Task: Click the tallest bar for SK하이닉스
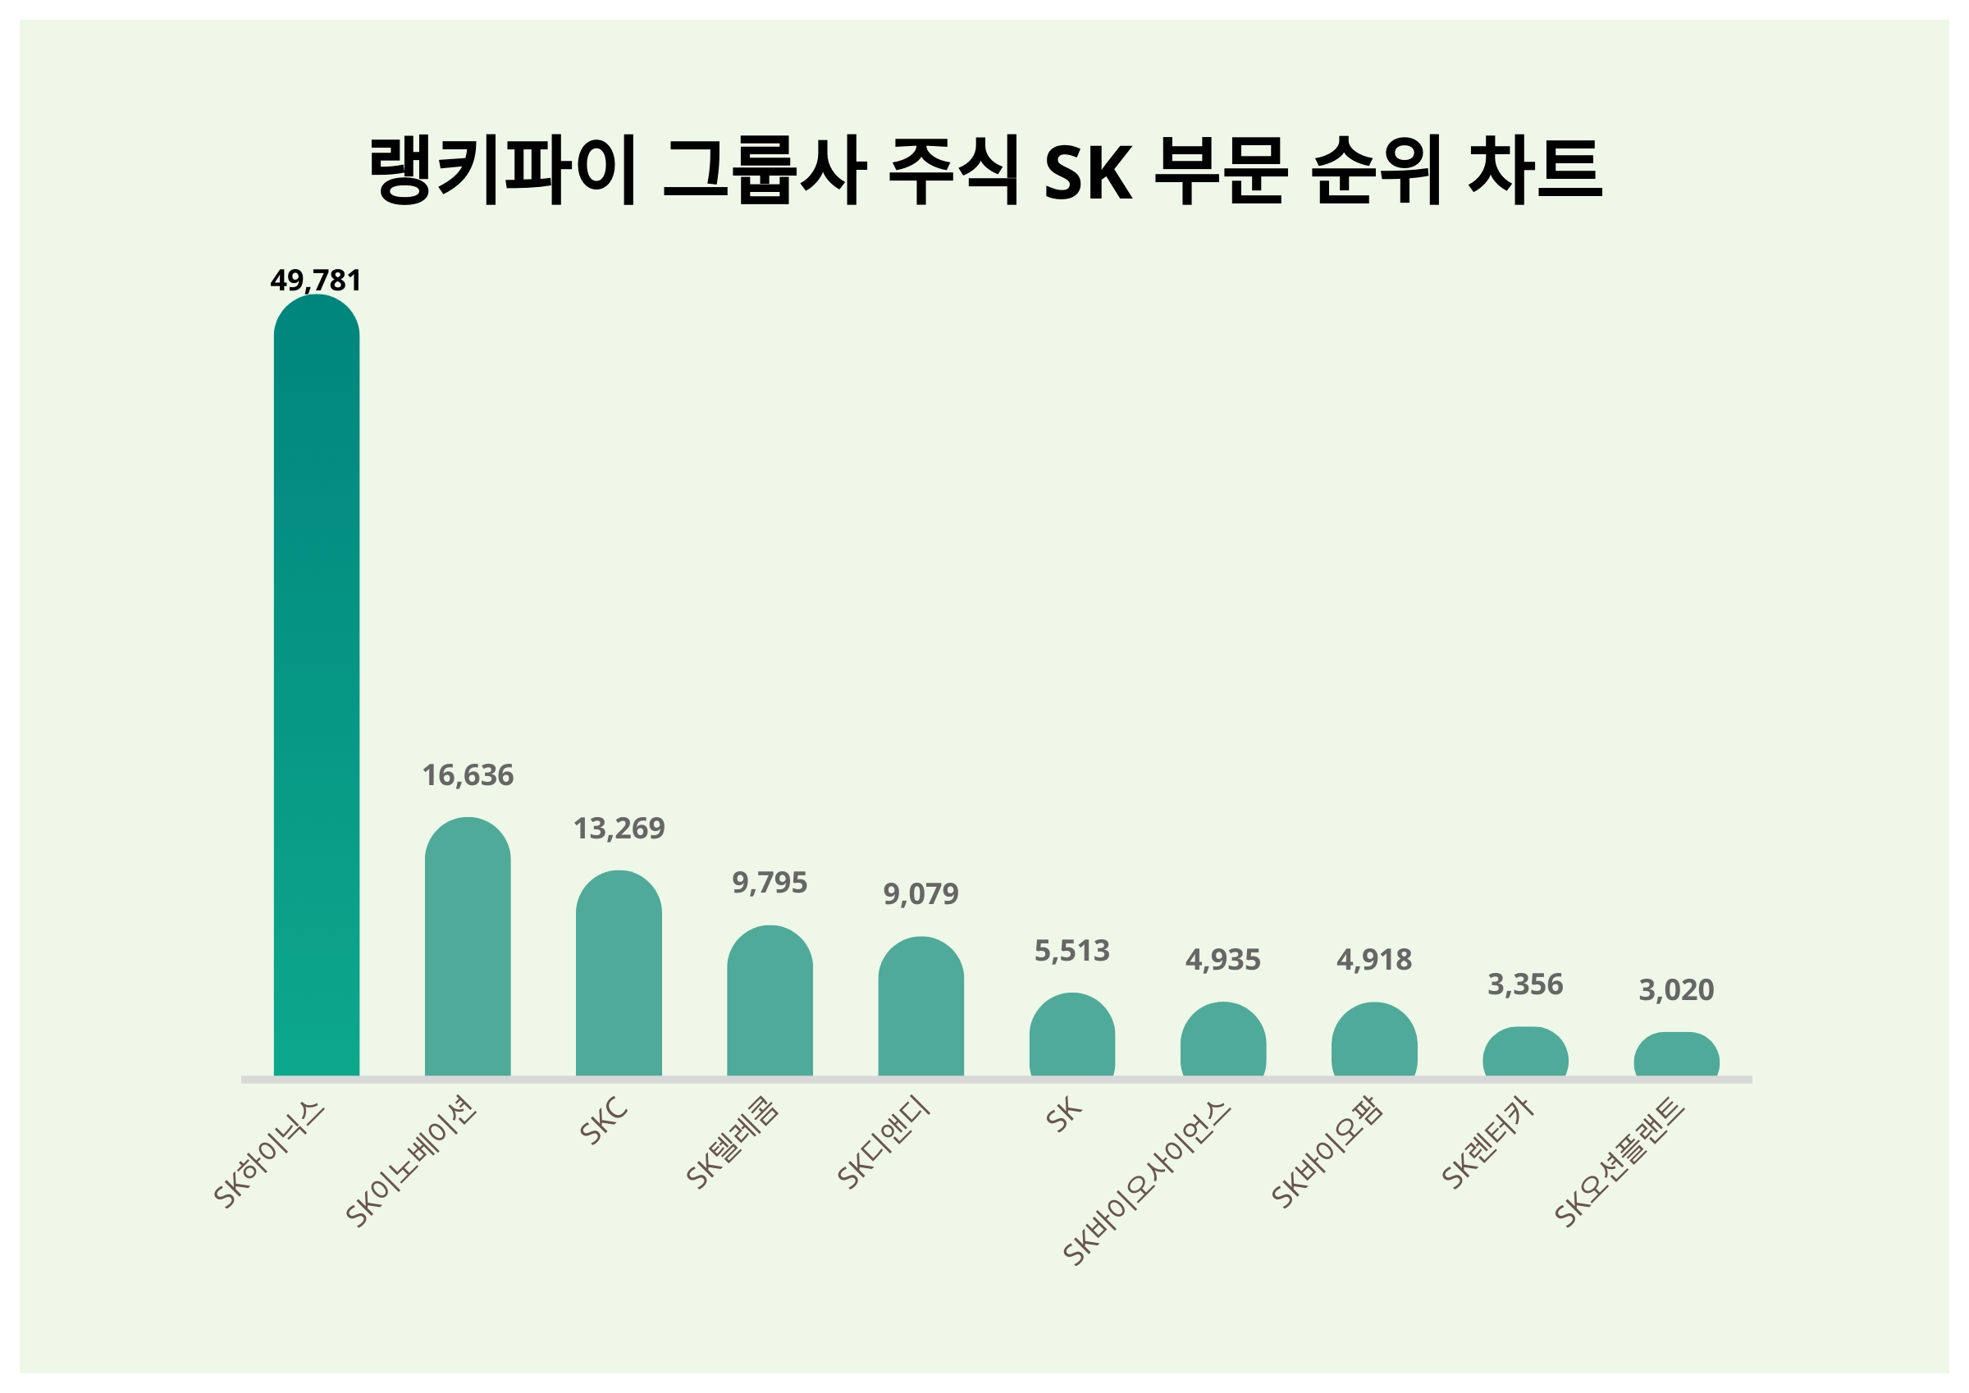tap(317, 686)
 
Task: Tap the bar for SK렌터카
tap(1526, 1053)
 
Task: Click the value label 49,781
tap(316, 281)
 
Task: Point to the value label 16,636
tap(468, 775)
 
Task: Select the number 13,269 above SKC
tap(619, 829)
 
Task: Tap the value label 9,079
tap(921, 895)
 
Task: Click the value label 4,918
tap(1374, 960)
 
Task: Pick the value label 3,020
tap(1677, 991)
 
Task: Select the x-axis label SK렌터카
tap(1488, 1145)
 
